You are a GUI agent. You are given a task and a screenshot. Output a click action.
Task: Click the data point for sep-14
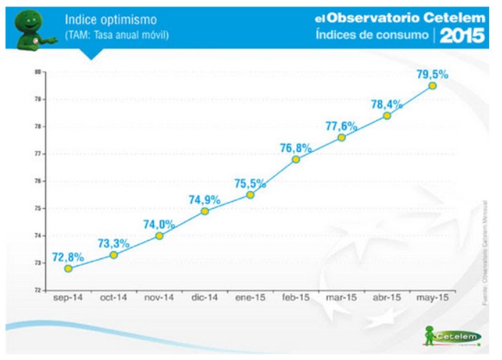coord(68,268)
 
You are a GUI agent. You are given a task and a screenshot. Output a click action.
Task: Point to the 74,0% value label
coord(159,224)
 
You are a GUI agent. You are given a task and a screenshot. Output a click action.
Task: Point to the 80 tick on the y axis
coord(37,72)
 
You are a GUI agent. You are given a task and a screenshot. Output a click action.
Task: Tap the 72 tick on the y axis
coord(37,290)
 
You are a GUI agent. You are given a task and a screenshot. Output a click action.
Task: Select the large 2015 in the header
coord(462,36)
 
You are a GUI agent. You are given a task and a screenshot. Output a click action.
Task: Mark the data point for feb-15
coord(296,159)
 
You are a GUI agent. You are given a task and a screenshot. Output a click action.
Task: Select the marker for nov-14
coord(159,235)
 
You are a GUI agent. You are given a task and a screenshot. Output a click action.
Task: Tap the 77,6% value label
coord(341,126)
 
